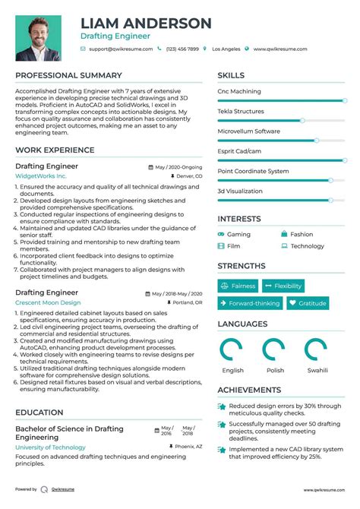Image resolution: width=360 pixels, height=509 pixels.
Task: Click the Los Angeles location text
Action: coord(226,49)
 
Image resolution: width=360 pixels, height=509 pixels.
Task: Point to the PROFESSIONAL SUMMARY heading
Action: coord(68,76)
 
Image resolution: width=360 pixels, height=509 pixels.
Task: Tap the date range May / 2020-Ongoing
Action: coord(178,166)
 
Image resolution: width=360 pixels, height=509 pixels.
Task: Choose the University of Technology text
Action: coord(50,447)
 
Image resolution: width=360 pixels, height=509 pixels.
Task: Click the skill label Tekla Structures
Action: coord(241,111)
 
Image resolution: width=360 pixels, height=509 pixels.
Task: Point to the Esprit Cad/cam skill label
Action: coord(239,151)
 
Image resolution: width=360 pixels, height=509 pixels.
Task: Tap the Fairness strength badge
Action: coord(238,286)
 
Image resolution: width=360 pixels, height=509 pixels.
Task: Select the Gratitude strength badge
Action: coord(307,303)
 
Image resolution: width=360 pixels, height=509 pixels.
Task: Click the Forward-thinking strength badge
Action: coord(250,303)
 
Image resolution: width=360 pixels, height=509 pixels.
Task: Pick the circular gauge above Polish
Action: coord(274,349)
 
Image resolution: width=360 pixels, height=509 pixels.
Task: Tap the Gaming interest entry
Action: coord(238,235)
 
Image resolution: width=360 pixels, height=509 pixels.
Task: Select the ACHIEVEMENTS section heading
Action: coord(250,389)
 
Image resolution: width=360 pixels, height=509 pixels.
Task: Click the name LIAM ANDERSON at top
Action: coord(145,23)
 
